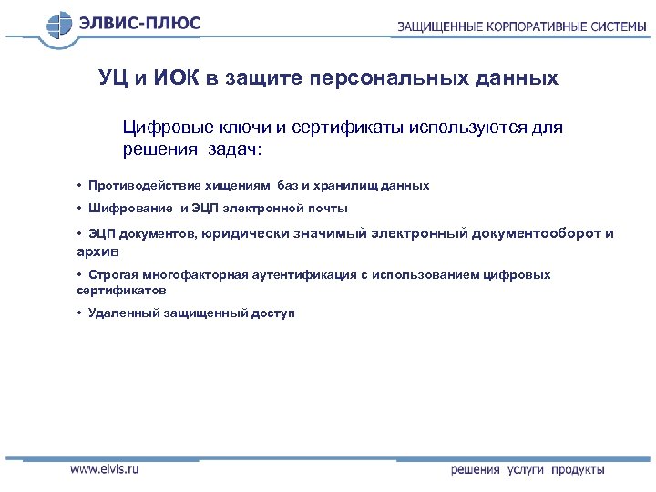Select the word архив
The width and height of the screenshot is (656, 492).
point(97,250)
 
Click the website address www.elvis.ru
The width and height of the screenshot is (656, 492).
point(105,470)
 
